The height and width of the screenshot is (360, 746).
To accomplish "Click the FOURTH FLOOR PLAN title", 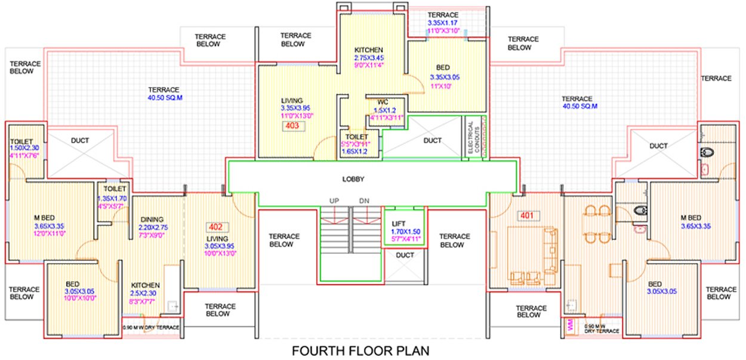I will pos(360,350).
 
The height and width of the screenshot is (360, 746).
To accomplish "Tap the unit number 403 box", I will pos(292,126).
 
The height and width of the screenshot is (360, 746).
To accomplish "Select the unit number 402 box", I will pos(215,227).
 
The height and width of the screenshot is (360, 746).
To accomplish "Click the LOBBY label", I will pos(353,179).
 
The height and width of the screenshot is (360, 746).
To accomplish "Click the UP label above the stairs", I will pos(334,201).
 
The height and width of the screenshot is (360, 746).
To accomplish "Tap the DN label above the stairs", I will pos(364,201).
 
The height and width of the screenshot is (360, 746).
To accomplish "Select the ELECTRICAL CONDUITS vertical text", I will pos(471,137).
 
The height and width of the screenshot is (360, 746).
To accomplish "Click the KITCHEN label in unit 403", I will pos(369,50).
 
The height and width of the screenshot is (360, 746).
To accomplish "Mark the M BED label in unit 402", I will pos(45,217).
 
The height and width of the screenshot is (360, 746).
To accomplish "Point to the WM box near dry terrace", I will pos(570,327).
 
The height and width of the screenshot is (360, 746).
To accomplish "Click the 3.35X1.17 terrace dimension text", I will pos(443,23).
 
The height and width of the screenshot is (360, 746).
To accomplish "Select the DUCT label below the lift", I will pos(405,255).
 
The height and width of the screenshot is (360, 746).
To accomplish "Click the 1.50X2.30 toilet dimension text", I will pos(24,149).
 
